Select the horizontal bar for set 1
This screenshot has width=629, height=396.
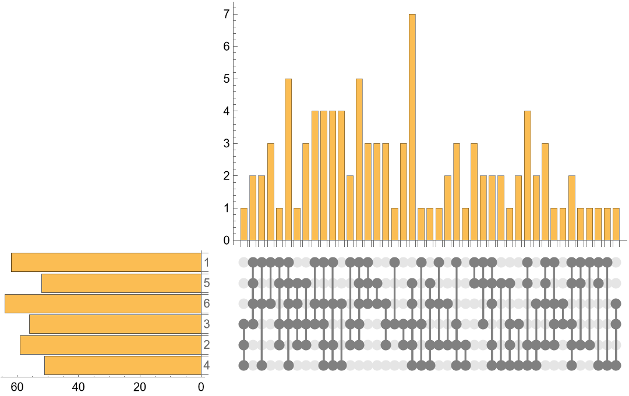(x=106, y=263)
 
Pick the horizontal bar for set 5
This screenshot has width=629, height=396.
(x=121, y=283)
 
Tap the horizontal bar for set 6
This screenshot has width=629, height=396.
(x=103, y=303)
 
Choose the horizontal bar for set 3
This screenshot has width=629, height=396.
(x=115, y=324)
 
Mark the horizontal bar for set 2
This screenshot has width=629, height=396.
(x=111, y=345)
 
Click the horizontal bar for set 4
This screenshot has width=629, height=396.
(x=123, y=365)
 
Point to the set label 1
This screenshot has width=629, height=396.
(x=206, y=263)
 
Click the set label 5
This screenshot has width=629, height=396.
(x=206, y=283)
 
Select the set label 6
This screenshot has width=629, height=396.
(x=206, y=303)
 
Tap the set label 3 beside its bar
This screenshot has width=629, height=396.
(x=206, y=324)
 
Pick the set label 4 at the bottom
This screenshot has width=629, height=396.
(x=206, y=366)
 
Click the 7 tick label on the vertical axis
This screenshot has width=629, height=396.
(x=227, y=13)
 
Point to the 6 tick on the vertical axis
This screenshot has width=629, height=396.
(x=227, y=46)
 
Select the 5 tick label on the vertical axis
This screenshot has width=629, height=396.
(x=227, y=79)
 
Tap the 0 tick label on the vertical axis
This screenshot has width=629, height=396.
(x=227, y=241)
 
